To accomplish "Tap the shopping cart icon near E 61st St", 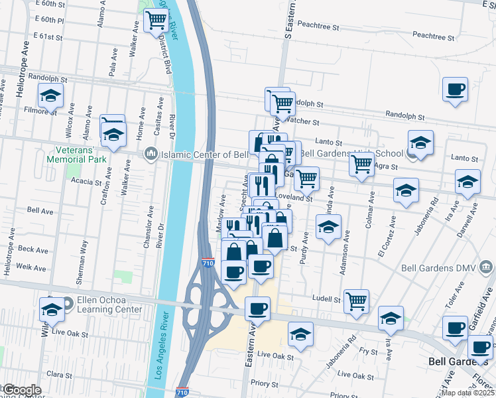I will pos(156,21).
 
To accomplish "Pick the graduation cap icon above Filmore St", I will pos(51,97).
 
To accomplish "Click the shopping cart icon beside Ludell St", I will pos(357,301).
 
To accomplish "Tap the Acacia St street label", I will pos(89,181).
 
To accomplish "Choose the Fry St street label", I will pos(368,350).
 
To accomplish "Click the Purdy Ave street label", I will pos(304,248).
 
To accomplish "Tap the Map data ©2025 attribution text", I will pos(467,393).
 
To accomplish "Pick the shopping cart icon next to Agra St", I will pos(361,165).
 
